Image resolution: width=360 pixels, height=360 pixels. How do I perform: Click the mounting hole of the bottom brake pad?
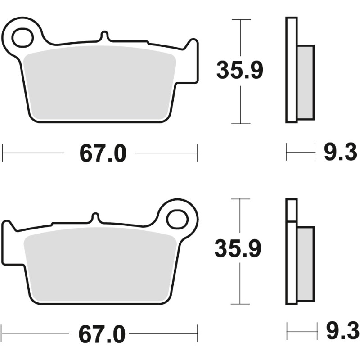176,219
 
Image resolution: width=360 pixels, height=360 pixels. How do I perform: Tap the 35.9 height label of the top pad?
239,71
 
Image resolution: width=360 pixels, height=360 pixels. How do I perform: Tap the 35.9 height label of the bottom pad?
238,249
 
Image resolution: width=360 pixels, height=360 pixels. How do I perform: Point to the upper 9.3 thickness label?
340,153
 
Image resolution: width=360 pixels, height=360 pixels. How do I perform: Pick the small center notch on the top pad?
104,36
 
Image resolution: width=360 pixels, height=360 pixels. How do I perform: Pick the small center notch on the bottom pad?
95,217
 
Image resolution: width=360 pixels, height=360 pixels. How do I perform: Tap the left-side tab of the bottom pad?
8,243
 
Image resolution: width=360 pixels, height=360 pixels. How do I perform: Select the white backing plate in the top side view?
291,70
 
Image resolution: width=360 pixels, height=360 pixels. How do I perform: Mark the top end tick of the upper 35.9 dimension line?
241,20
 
